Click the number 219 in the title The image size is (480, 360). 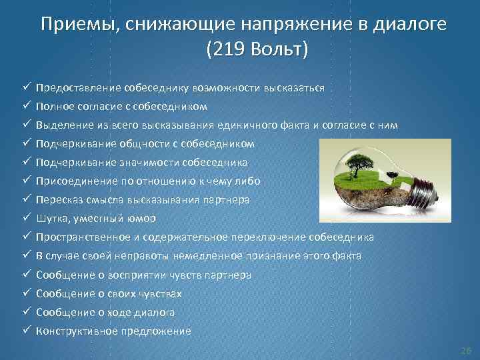tap(226, 50)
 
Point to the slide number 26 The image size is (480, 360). tap(465, 350)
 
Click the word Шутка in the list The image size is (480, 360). tap(53, 219)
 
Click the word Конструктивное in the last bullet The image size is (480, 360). tap(77, 331)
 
